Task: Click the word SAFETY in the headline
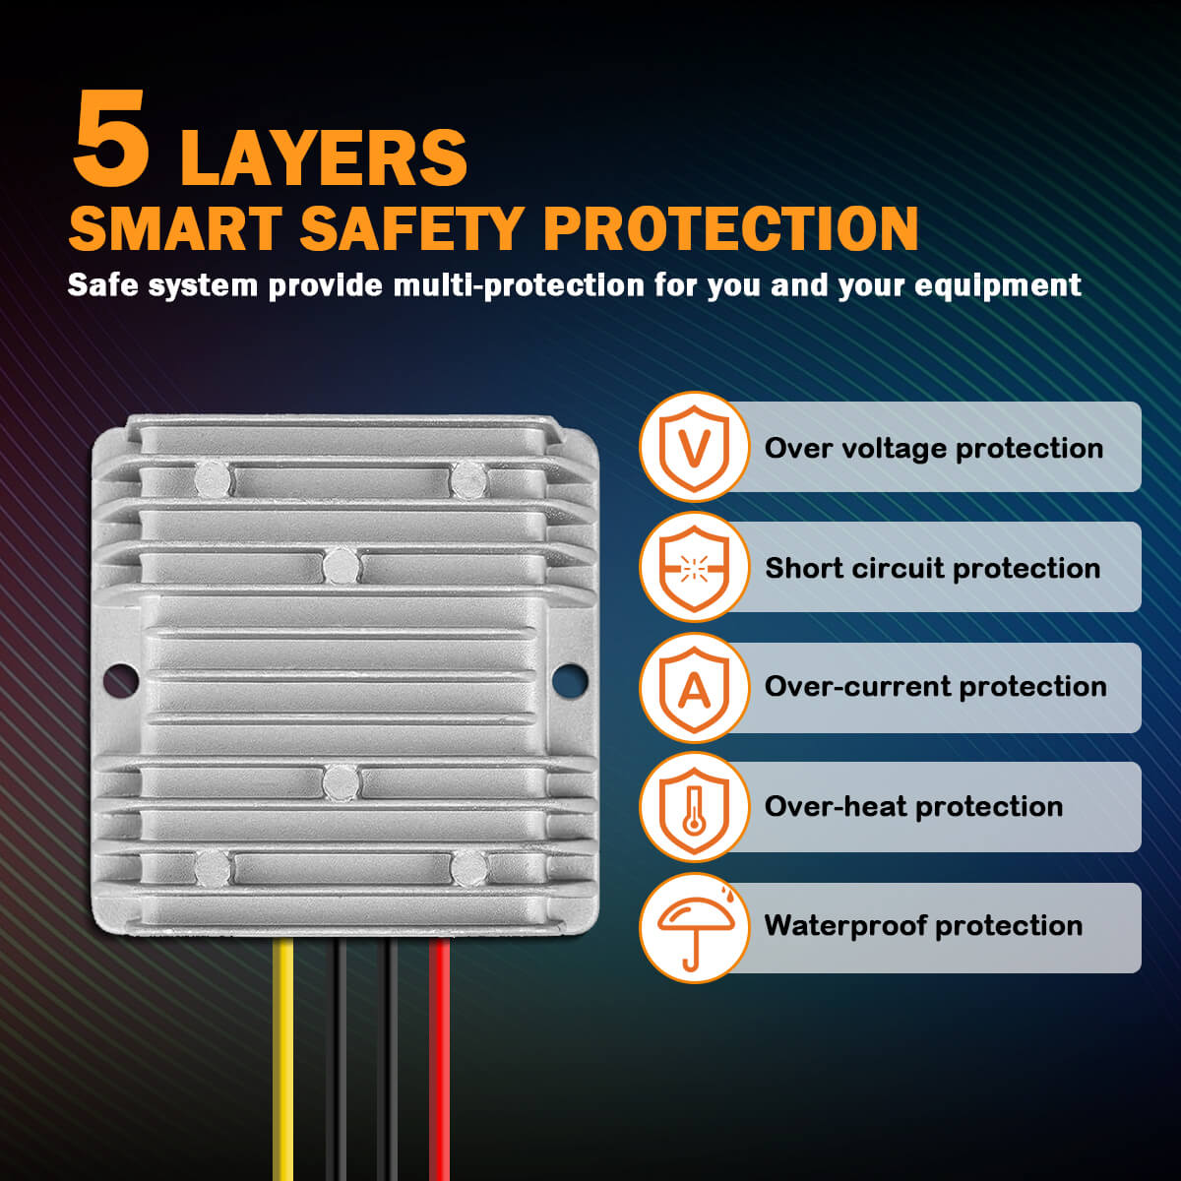(411, 228)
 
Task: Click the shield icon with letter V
(695, 448)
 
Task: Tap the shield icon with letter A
(695, 687)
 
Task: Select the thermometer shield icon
(695, 807)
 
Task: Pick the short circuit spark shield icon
(695, 568)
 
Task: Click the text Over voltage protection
(933, 449)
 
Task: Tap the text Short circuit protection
(932, 569)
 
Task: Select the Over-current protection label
(935, 687)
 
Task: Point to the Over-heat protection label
(913, 807)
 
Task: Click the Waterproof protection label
(923, 926)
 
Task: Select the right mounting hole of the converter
(569, 679)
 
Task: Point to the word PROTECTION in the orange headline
(730, 228)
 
